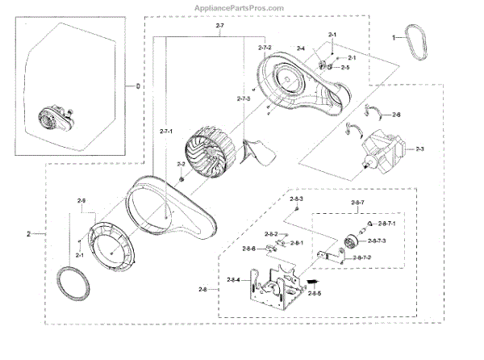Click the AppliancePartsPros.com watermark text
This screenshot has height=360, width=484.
240,7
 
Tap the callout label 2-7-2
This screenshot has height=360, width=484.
265,49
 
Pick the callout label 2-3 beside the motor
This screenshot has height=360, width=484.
418,149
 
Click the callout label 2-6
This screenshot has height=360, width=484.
396,115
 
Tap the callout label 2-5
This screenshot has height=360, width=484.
344,68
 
